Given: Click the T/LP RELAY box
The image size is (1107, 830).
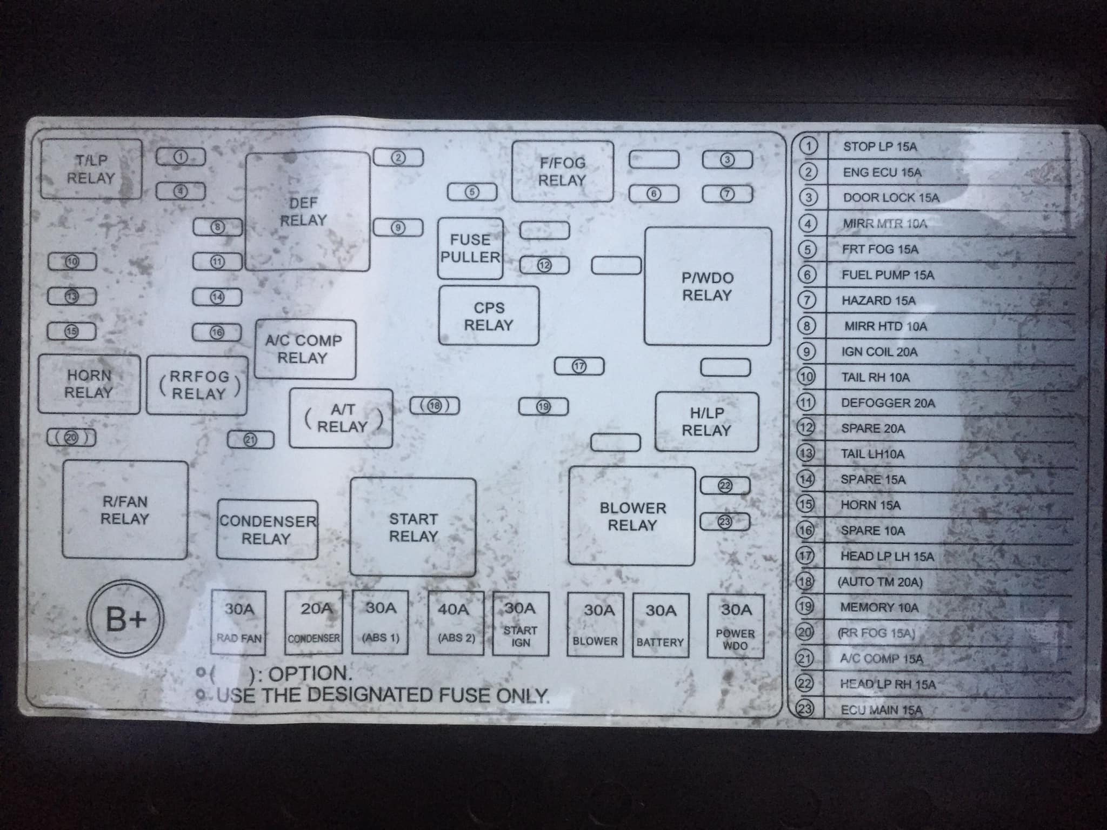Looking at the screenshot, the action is click(91, 169).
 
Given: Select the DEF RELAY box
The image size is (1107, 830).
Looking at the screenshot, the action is click(308, 211).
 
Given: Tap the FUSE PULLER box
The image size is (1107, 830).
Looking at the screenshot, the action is click(470, 249).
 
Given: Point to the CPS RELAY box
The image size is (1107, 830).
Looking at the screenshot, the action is click(489, 316).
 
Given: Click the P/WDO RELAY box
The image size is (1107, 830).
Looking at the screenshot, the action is click(708, 286).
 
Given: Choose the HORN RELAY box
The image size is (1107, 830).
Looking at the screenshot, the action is click(89, 384).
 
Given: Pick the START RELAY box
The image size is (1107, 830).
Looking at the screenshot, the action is click(413, 527).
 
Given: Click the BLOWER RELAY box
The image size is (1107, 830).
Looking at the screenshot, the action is click(632, 517).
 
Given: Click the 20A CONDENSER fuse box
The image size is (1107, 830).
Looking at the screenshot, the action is click(314, 622).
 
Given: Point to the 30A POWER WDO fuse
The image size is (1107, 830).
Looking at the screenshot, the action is click(736, 626).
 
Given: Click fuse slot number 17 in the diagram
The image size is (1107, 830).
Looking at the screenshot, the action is click(579, 366).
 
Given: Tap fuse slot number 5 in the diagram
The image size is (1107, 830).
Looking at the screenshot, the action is click(472, 192).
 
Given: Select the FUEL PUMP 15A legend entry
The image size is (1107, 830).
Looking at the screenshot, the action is click(888, 275).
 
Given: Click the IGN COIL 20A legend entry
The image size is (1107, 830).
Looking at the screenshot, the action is click(879, 352).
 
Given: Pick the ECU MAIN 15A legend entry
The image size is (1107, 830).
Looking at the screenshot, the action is click(882, 709).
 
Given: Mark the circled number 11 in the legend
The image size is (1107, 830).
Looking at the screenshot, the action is click(806, 403).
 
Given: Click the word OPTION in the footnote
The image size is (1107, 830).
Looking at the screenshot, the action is click(310, 674).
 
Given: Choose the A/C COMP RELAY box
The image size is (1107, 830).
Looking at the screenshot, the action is click(305, 350).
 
